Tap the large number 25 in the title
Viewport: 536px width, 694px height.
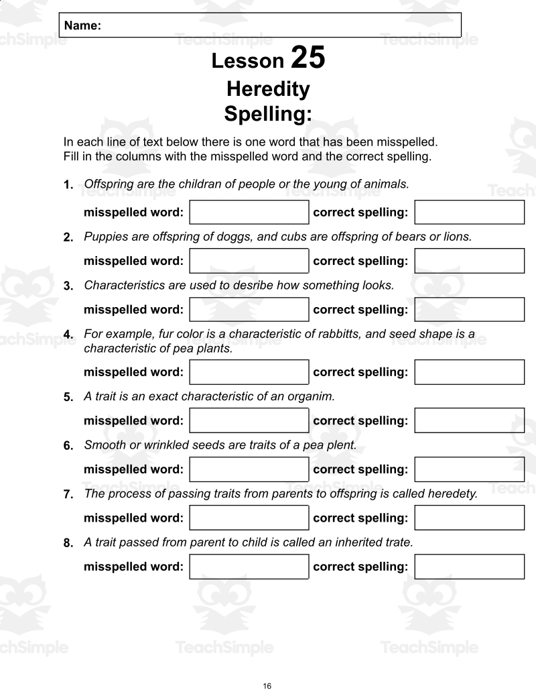pyautogui.click(x=308, y=58)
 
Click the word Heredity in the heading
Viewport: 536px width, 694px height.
pyautogui.click(x=268, y=89)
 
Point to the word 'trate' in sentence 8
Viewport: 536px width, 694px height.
pyautogui.click(x=398, y=542)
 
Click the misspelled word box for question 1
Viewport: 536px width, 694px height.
pyautogui.click(x=249, y=213)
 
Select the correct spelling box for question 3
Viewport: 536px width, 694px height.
pyautogui.click(x=469, y=310)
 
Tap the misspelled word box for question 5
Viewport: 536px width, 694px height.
pyautogui.click(x=249, y=420)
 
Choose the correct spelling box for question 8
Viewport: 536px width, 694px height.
pyautogui.click(x=469, y=567)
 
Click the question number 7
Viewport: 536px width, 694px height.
pyautogui.click(x=68, y=495)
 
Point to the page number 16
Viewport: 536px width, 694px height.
pyautogui.click(x=267, y=686)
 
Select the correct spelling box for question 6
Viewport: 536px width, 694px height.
pyautogui.click(x=469, y=469)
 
